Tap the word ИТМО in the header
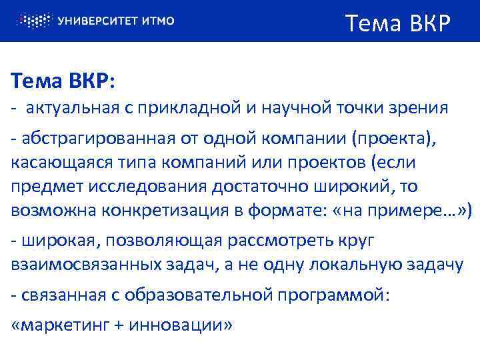159,21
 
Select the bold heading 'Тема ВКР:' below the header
63,83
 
